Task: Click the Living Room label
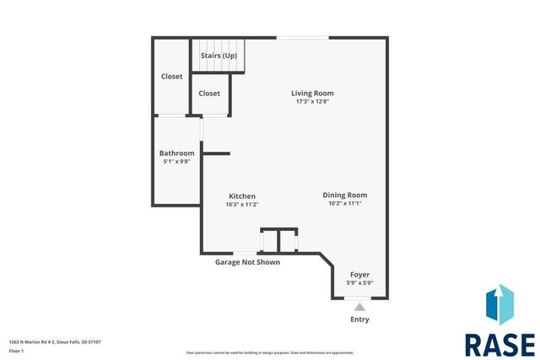[x=312, y=93]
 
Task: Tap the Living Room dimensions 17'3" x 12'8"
[x=312, y=102]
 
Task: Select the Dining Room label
[x=344, y=195]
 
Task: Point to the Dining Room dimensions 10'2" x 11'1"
[x=344, y=203]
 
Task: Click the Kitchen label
[x=241, y=196]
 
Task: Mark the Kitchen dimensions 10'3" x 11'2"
[x=241, y=204]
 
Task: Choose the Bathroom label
[x=176, y=153]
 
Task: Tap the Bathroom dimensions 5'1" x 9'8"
[x=176, y=161]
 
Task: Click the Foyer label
[x=359, y=275]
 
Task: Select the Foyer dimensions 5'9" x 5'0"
[x=359, y=283]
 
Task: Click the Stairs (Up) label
[x=219, y=56]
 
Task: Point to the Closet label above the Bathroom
[x=172, y=77]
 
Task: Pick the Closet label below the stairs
[x=209, y=94]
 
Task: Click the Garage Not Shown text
[x=247, y=262]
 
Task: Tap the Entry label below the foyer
[x=359, y=320]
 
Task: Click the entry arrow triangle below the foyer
[x=359, y=308]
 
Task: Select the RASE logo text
[x=499, y=344]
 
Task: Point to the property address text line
[x=55, y=341]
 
